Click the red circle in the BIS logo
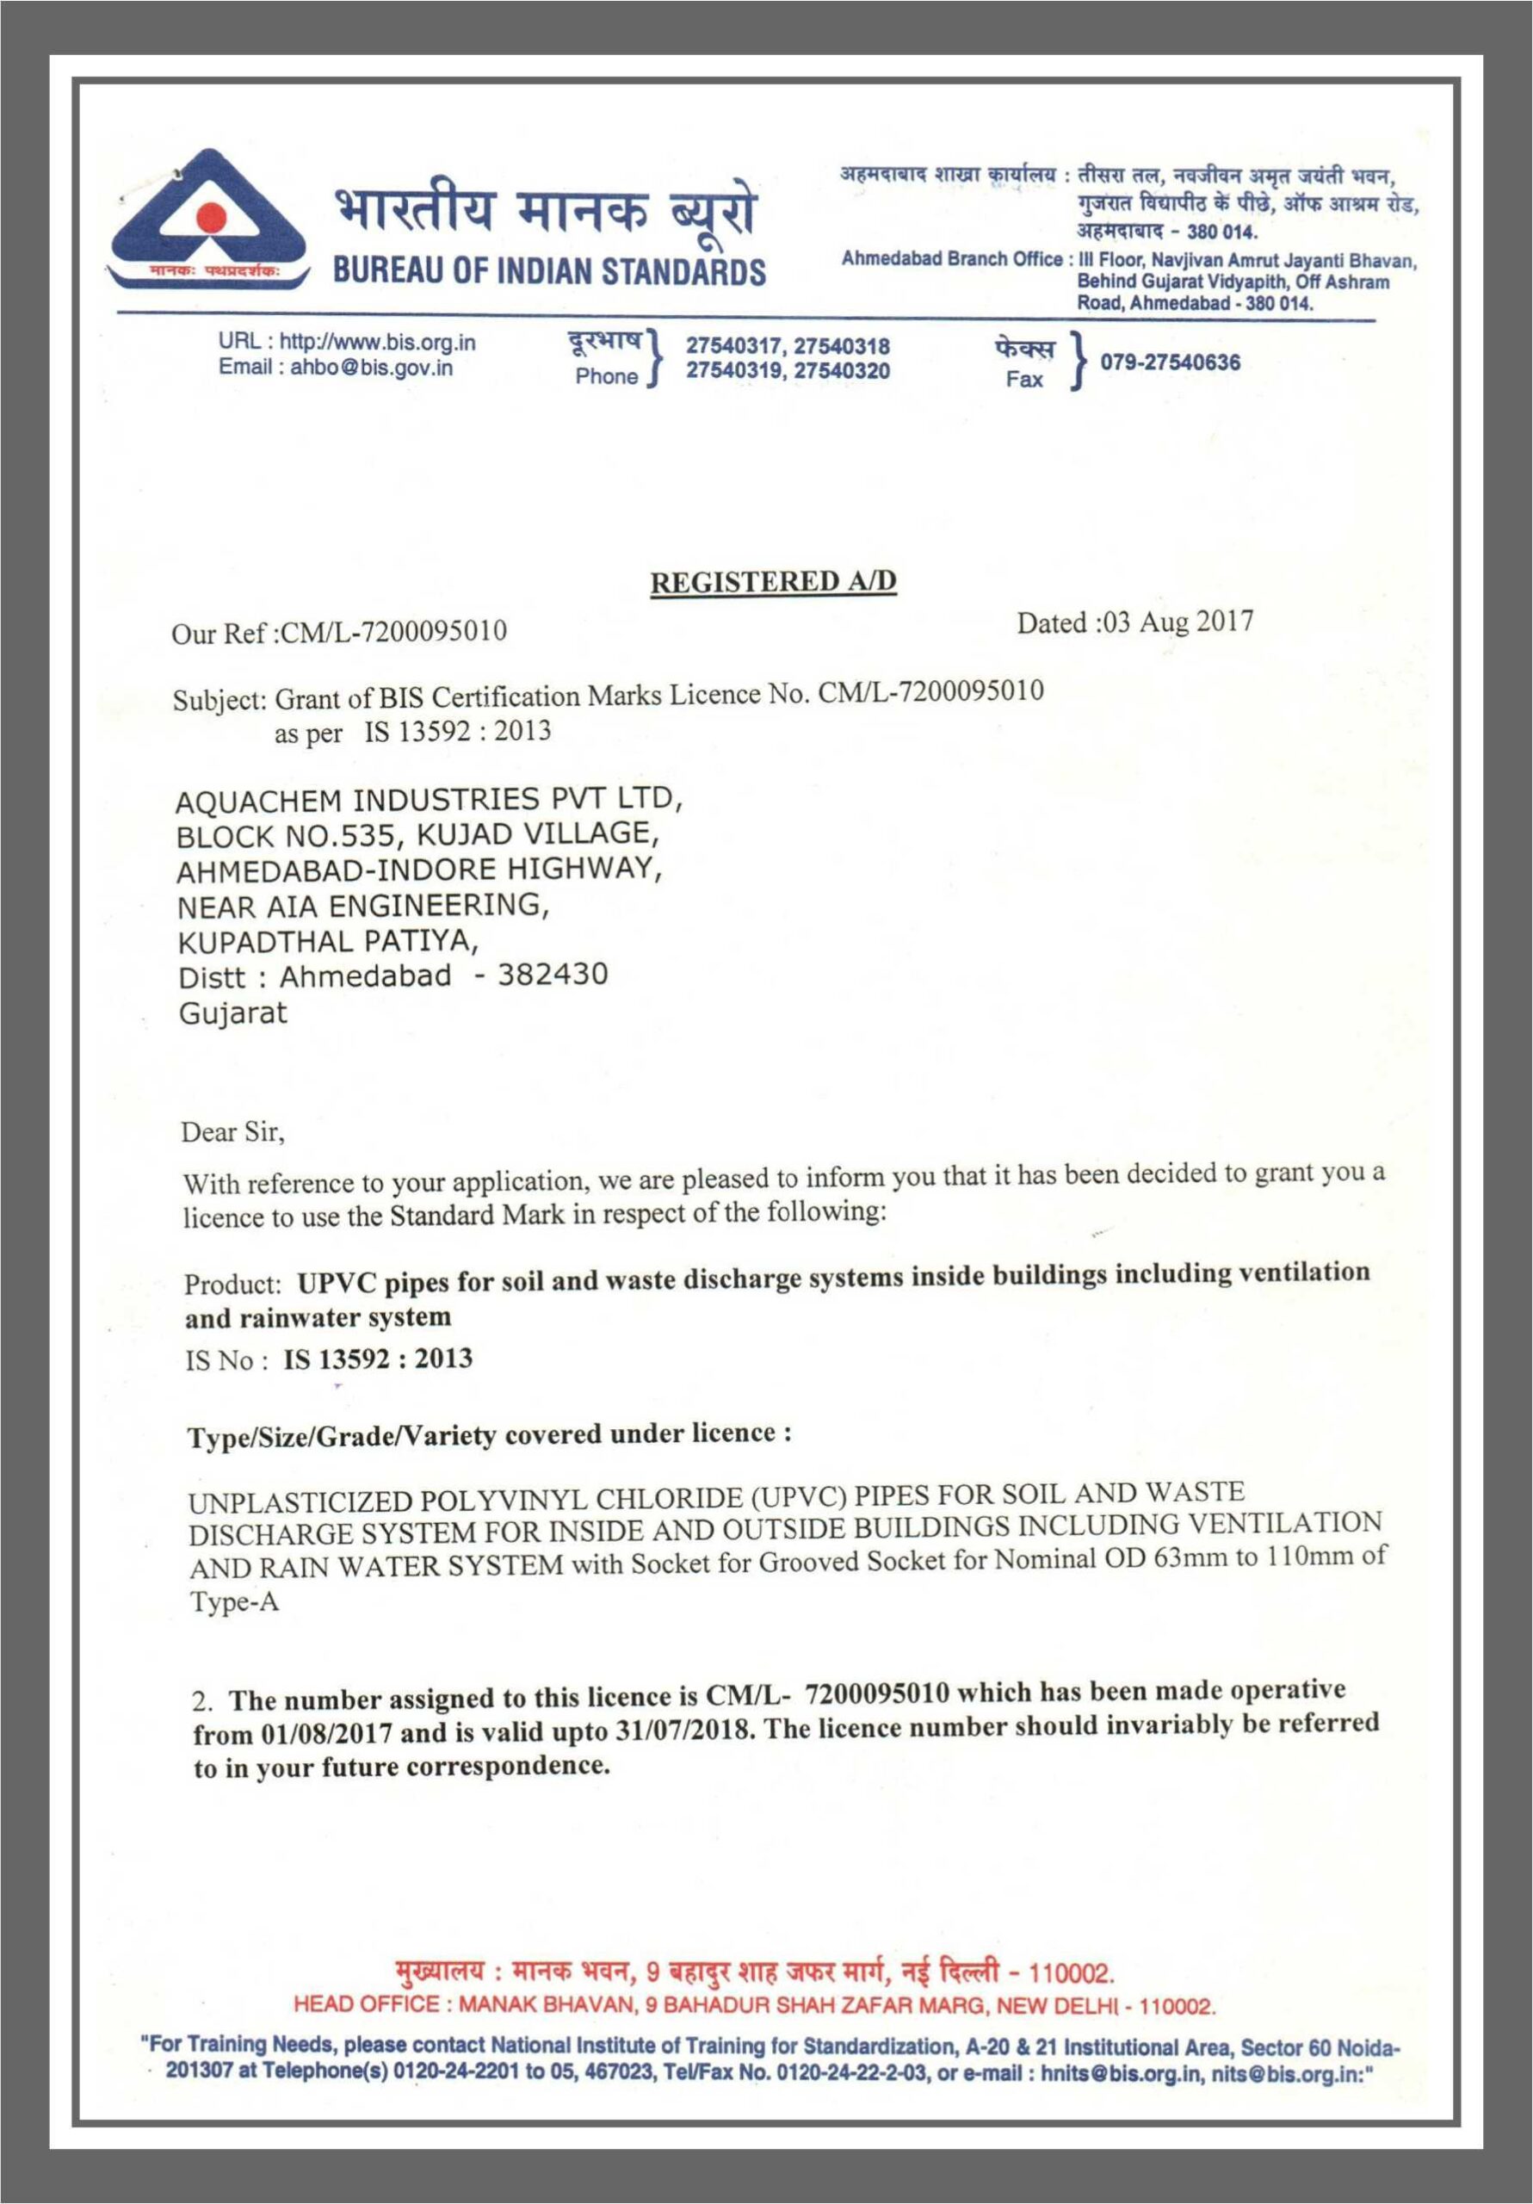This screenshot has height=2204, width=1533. pyautogui.click(x=208, y=223)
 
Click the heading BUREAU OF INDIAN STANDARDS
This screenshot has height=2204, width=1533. pyautogui.click(x=549, y=272)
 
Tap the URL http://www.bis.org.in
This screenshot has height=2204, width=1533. pyautogui.click(x=377, y=343)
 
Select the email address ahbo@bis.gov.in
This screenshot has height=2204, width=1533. pyautogui.click(x=372, y=368)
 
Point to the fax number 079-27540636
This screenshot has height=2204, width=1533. pyautogui.click(x=1169, y=362)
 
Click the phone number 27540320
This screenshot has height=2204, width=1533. pyautogui.click(x=842, y=370)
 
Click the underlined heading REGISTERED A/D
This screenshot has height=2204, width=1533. pyautogui.click(x=773, y=583)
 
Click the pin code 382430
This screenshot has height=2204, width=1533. pyautogui.click(x=552, y=975)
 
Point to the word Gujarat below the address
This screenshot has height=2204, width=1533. pyautogui.click(x=232, y=1012)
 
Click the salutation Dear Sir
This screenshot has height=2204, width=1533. pyautogui.click(x=232, y=1133)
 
